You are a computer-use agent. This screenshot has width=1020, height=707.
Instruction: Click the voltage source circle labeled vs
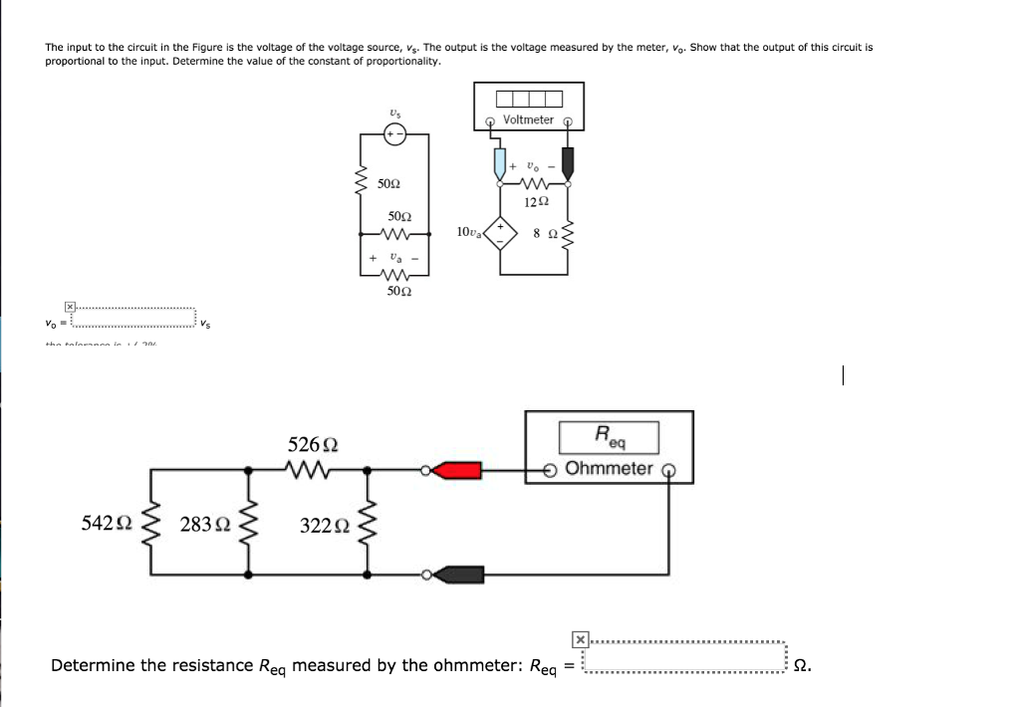395,136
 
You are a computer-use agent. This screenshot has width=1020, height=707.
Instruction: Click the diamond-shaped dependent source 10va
501,233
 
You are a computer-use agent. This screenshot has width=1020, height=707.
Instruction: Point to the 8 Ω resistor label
542,233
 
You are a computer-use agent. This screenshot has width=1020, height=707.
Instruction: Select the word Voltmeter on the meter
528,119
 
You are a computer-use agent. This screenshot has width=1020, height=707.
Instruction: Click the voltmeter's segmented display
528,99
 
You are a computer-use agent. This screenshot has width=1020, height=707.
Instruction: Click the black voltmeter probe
569,159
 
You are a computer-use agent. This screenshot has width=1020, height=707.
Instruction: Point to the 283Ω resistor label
204,524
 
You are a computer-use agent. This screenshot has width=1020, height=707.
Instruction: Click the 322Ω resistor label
325,525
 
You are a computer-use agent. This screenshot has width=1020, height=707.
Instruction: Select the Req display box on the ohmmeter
609,435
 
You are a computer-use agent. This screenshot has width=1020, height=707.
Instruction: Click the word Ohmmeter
609,468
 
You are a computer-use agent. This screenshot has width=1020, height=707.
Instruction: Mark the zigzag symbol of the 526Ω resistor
310,468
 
